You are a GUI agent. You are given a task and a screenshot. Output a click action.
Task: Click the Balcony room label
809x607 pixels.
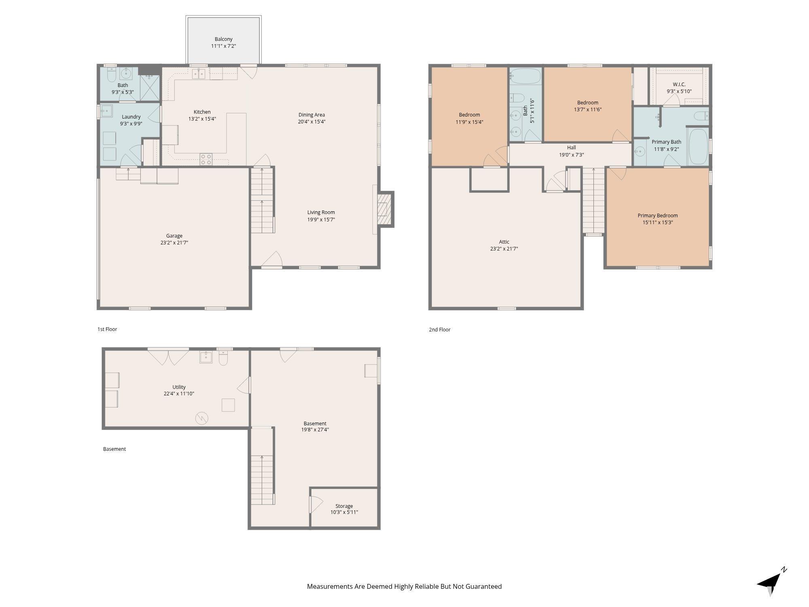[223, 39]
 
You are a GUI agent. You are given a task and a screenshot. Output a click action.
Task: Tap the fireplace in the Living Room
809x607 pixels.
[384, 209]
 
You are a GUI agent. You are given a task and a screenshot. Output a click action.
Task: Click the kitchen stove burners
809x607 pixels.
[206, 159]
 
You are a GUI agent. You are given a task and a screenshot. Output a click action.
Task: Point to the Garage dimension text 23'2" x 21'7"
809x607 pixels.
[174, 243]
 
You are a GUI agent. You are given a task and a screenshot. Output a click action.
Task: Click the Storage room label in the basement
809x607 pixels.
[344, 506]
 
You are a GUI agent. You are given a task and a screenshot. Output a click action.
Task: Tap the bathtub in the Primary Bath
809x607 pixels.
[698, 146]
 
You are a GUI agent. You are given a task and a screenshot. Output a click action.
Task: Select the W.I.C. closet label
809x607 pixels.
[679, 84]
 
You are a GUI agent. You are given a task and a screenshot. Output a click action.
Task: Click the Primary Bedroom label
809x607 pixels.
[658, 215]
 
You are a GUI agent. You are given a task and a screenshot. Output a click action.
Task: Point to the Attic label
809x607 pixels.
[504, 242]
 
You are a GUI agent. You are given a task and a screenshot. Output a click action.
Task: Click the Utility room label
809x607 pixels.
[179, 387]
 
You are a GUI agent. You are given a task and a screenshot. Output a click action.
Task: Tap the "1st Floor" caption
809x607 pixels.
[107, 329]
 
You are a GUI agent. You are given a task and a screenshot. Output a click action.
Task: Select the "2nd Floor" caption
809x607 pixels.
[440, 329]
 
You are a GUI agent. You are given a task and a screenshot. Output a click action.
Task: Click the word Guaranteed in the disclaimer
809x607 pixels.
[483, 586]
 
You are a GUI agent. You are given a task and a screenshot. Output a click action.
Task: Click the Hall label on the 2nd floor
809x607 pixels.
[572, 148]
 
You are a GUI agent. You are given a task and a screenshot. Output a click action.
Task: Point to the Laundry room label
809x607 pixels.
[131, 117]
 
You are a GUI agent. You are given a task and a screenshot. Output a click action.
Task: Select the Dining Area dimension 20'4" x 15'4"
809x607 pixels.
[312, 121]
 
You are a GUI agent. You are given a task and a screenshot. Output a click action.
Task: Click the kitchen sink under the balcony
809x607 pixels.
[198, 74]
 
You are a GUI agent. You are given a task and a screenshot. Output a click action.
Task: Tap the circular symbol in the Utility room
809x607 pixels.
[202, 418]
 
